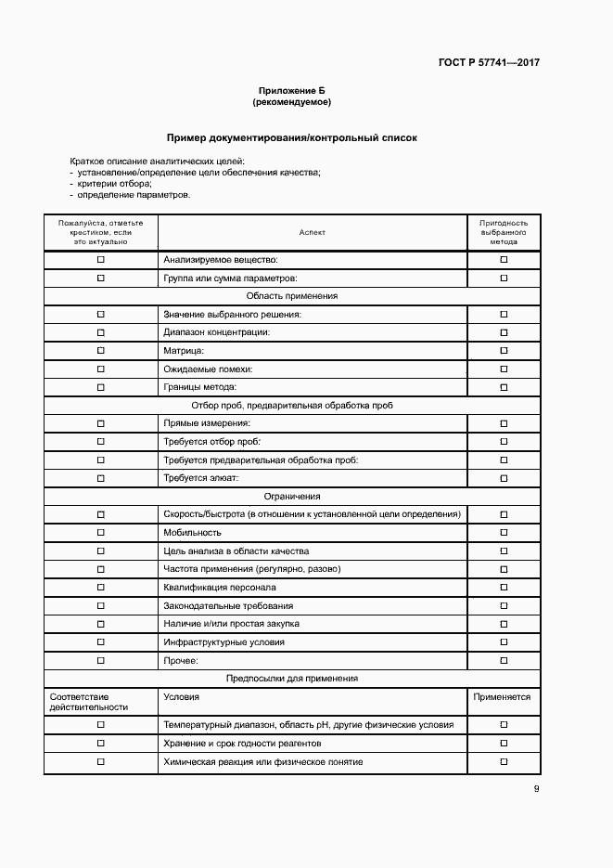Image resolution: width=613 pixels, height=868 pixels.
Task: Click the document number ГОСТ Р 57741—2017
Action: pos(489,63)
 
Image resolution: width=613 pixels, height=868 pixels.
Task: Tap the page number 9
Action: pos(536,789)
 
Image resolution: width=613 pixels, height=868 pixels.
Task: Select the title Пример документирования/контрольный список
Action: pos(291,137)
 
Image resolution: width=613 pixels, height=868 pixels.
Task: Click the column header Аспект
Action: pos(313,232)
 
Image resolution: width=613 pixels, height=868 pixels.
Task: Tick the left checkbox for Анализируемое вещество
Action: pos(101,260)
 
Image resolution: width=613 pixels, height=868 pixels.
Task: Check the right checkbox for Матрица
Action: pos(504,351)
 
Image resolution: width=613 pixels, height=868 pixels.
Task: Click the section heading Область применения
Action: pos(291,296)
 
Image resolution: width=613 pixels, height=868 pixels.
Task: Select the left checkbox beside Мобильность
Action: pos(101,533)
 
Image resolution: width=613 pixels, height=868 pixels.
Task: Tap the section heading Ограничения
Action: pos(291,497)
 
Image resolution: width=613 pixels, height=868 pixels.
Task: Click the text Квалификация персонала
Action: pos(220,588)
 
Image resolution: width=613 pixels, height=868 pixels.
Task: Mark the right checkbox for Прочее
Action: pos(504,660)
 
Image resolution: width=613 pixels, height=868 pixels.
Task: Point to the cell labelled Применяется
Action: pos(503,696)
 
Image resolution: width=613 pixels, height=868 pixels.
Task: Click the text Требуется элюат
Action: pos(201,478)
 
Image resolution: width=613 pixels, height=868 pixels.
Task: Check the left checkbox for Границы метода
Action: pos(101,387)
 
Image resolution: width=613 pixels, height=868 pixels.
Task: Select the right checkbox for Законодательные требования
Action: pos(504,605)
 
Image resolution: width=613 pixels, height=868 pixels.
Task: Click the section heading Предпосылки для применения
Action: pos(291,679)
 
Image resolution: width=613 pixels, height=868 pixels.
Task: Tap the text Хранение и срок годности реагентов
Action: pos(242,744)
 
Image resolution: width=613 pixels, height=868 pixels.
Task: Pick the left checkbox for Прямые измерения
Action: pos(101,423)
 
